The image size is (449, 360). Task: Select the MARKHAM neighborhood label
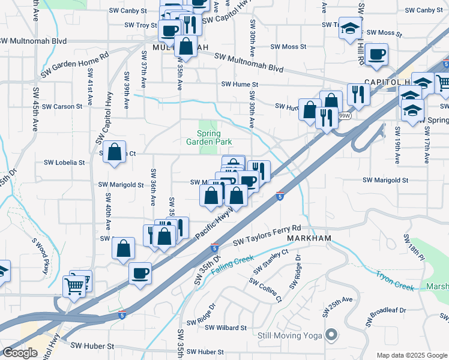309,239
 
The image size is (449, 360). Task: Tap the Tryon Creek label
394,280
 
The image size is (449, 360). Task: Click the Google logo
20,353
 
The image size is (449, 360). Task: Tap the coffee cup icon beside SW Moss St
377,55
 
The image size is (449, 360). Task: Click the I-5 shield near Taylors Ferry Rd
280,196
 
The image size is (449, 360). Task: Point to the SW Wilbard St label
226,328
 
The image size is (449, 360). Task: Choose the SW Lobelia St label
65,163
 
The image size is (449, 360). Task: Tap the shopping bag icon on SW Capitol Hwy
114,152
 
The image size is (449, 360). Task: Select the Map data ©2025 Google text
411,355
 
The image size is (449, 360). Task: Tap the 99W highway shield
345,115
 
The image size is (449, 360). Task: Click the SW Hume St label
239,85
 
